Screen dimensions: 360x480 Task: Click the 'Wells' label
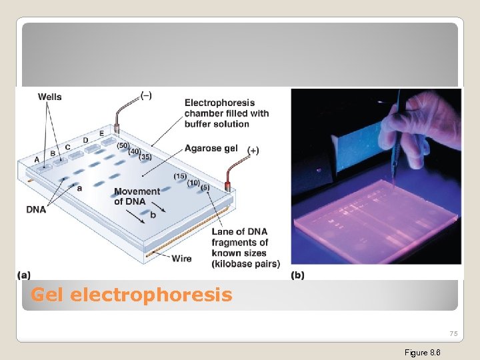click(49, 97)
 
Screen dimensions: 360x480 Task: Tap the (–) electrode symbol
click(146, 95)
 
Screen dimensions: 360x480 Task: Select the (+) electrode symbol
click(253, 151)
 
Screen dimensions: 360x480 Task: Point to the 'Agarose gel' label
click(211, 148)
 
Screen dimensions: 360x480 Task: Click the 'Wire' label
click(181, 259)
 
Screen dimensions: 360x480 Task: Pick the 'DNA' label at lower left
click(36, 209)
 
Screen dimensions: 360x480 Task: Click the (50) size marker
click(123, 145)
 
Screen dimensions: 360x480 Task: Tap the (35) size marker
click(146, 157)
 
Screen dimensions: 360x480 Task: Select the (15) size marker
click(180, 176)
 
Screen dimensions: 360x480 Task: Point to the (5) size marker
click(205, 187)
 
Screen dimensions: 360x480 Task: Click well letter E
click(101, 133)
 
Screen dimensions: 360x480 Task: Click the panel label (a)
click(24, 275)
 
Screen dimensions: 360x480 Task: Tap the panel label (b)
click(298, 275)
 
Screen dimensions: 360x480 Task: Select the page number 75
click(453, 333)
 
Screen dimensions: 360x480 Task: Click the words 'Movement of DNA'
click(137, 196)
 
